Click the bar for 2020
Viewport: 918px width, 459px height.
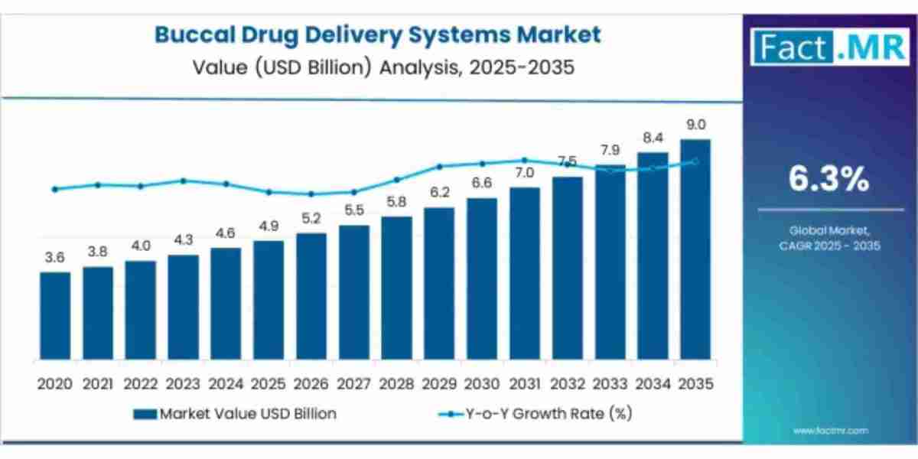(x=55, y=316)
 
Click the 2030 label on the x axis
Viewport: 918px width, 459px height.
(x=482, y=384)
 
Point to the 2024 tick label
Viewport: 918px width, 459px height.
(x=226, y=384)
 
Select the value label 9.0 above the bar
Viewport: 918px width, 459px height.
(x=695, y=125)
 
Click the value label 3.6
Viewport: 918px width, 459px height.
(x=55, y=258)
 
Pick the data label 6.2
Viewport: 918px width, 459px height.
(x=439, y=193)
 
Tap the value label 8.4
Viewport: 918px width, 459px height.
(x=653, y=138)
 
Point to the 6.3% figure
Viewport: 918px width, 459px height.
(x=829, y=180)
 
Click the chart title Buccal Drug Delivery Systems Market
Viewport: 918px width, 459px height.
(x=378, y=34)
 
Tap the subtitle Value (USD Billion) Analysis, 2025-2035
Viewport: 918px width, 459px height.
(x=378, y=67)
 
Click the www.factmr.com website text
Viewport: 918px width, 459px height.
(x=830, y=431)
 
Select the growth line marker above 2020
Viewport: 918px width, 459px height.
(x=55, y=189)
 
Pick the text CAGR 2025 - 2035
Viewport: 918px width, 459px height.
(x=830, y=246)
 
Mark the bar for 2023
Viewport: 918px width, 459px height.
(x=183, y=308)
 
